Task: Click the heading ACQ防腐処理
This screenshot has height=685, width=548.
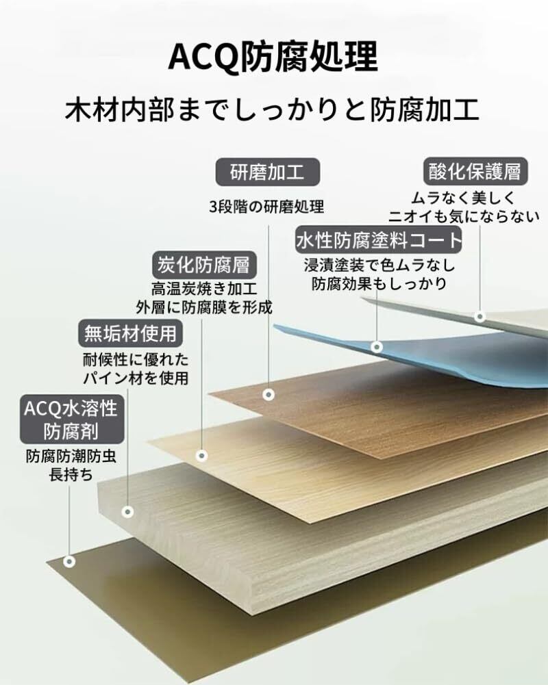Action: coord(273,58)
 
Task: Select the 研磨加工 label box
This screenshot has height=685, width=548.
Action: coord(267,172)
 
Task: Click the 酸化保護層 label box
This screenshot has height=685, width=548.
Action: coord(475,172)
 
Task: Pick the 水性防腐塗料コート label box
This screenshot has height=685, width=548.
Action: coord(379,241)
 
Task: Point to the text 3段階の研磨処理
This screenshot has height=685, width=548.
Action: coord(266,207)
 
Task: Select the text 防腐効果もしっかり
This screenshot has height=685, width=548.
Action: coord(379,283)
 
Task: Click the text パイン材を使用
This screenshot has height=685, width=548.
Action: coord(135,377)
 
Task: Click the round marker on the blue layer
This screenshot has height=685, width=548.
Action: coord(377,347)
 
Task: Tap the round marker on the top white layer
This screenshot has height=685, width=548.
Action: coord(480,316)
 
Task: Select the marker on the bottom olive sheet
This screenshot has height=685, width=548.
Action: coord(69,561)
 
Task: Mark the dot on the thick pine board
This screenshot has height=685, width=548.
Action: coord(127,511)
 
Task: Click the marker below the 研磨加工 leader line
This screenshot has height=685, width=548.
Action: coord(269,395)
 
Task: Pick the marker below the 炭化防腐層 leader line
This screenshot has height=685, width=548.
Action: coord(201,455)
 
